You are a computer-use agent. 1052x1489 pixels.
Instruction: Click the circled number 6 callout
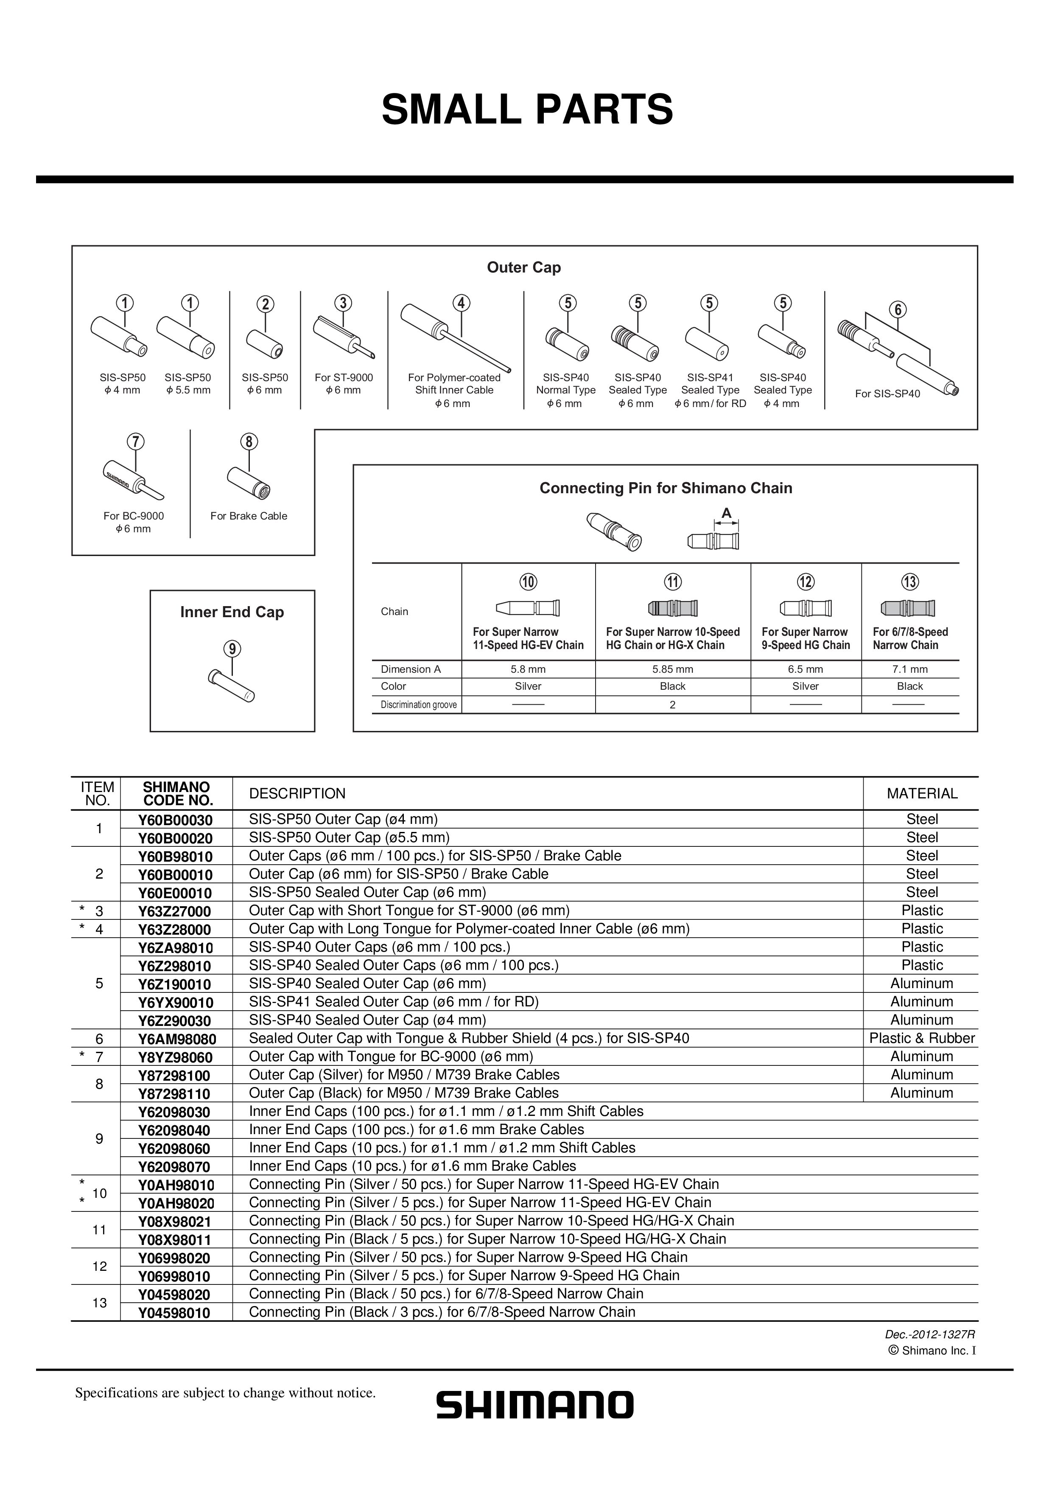(898, 310)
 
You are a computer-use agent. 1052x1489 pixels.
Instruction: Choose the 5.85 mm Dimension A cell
(672, 669)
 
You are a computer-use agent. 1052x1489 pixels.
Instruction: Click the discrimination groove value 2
(672, 705)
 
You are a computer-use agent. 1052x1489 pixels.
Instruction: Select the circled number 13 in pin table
(909, 582)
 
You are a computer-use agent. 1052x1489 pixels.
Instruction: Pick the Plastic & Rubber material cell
(922, 1038)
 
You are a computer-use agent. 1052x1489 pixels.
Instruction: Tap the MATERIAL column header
(922, 794)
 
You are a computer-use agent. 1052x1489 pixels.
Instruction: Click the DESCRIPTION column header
(297, 794)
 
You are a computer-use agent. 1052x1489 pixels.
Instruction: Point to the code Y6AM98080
(176, 1039)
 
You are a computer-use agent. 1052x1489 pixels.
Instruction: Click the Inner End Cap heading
(232, 612)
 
